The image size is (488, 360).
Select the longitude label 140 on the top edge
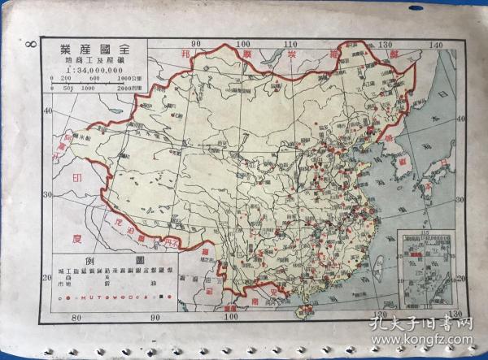pos(436,46)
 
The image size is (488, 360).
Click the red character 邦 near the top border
pos(190,53)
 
